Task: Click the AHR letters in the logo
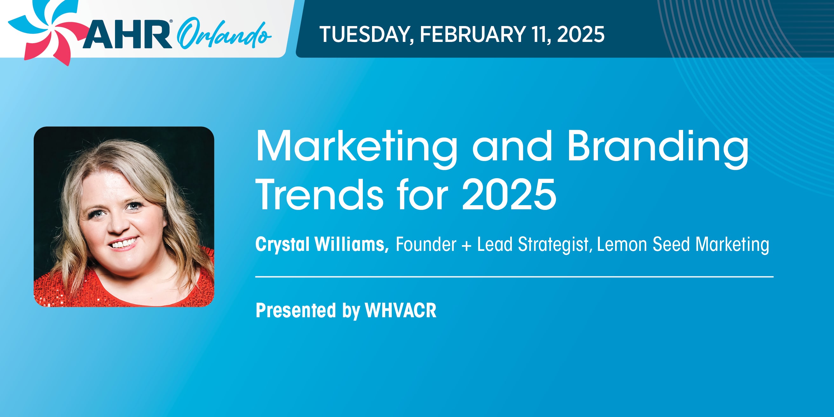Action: click(x=127, y=34)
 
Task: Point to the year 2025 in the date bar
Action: click(x=580, y=34)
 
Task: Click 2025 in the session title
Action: click(x=509, y=195)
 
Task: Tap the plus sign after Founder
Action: click(x=466, y=245)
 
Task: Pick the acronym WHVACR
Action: click(x=401, y=311)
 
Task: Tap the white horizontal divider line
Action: click(x=514, y=277)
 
